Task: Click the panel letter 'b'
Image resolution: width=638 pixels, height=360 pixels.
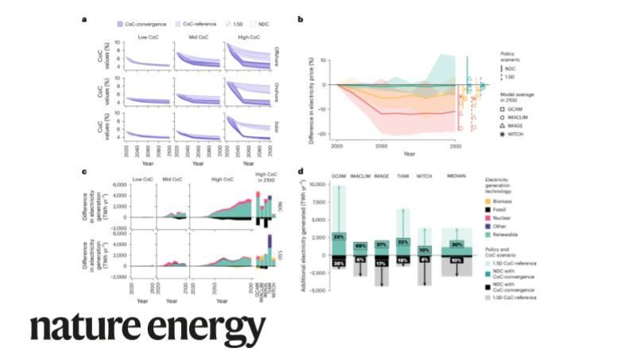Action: [x=299, y=17]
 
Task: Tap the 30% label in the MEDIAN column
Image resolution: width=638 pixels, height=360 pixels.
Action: [x=456, y=245]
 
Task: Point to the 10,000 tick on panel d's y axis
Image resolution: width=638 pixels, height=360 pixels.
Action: [x=316, y=184]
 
